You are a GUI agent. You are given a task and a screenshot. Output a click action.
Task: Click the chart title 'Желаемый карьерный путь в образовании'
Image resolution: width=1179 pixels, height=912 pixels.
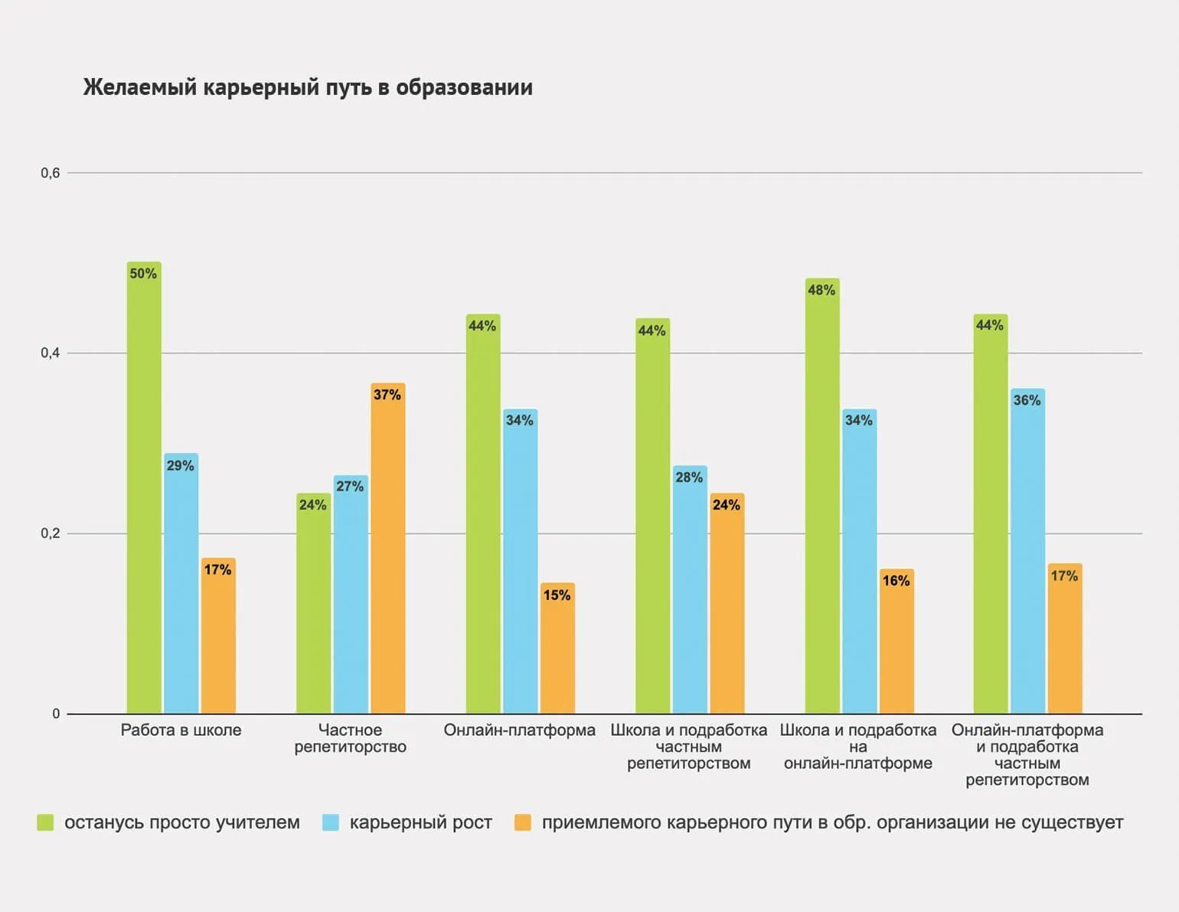pyautogui.click(x=308, y=87)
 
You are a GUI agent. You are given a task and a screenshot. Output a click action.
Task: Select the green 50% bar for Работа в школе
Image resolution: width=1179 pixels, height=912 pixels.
pyautogui.click(x=144, y=490)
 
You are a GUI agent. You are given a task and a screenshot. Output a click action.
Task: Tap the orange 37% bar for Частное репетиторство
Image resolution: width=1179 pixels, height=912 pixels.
pyautogui.click(x=387, y=551)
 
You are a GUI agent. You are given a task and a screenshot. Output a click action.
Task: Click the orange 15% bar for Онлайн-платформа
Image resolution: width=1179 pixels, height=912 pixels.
pyautogui.click(x=557, y=650)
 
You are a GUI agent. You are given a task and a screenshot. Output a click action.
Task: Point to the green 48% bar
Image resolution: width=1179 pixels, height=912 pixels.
pyautogui.click(x=821, y=497)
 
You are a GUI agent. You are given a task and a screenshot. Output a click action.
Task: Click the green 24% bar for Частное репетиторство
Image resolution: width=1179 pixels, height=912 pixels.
pyautogui.click(x=313, y=604)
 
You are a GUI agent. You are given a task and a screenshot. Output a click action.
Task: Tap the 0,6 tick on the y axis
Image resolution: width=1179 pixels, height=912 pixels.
pyautogui.click(x=51, y=173)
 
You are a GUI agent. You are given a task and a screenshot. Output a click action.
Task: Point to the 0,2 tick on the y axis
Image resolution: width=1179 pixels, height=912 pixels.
pyautogui.click(x=51, y=533)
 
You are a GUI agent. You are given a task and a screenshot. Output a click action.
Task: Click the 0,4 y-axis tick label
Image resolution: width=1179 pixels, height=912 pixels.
pyautogui.click(x=51, y=353)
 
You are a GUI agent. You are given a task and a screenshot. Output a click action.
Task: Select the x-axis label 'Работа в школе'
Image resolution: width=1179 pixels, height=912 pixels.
pyautogui.click(x=181, y=730)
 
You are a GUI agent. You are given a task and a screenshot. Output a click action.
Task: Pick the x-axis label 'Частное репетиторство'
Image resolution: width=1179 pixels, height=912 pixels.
pyautogui.click(x=350, y=738)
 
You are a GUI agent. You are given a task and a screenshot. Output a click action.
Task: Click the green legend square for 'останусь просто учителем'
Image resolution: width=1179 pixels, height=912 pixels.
pyautogui.click(x=46, y=823)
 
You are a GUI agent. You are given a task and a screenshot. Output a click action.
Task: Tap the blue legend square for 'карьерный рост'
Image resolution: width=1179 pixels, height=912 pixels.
pyautogui.click(x=331, y=823)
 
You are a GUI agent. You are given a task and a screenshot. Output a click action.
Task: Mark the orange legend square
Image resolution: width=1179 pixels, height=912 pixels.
pyautogui.click(x=523, y=823)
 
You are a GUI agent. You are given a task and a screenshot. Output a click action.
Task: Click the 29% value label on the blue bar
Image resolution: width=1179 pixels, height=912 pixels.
pyautogui.click(x=181, y=466)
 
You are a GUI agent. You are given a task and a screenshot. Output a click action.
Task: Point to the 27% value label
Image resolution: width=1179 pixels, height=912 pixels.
pyautogui.click(x=350, y=487)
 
